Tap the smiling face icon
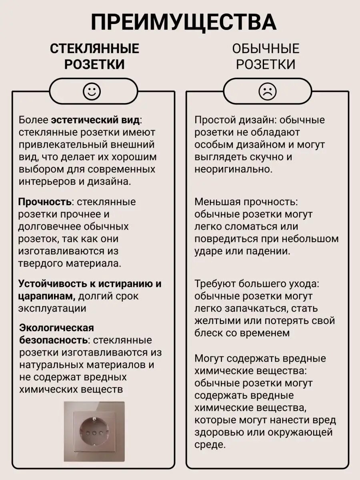[92, 92]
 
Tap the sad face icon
[267, 92]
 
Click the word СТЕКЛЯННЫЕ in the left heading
[94, 49]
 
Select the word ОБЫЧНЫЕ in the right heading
[266, 49]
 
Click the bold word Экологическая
[57, 328]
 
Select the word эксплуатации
[52, 309]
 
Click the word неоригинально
[234, 169]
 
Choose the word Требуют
[215, 284]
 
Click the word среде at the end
[208, 444]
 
